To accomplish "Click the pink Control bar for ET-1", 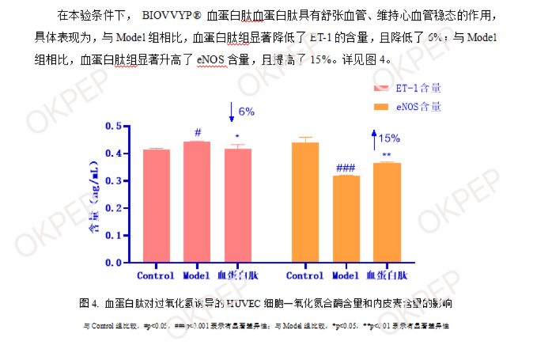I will pyautogui.click(x=156, y=206).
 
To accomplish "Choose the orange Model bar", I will pyautogui.click(x=346, y=218).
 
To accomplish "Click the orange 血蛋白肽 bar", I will pyautogui.click(x=386, y=212).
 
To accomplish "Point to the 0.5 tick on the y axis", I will pyautogui.click(x=112, y=126).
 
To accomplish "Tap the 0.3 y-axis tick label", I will pyautogui.click(x=112, y=181).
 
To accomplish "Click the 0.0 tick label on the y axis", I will pyautogui.click(x=112, y=262).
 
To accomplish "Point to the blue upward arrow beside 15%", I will pyautogui.click(x=375, y=141).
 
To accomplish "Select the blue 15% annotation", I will pyautogui.click(x=389, y=138).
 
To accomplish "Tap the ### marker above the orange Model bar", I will pyautogui.click(x=346, y=168).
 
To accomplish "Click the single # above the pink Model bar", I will pyautogui.click(x=196, y=132).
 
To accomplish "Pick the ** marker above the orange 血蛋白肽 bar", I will pyautogui.click(x=386, y=155).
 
